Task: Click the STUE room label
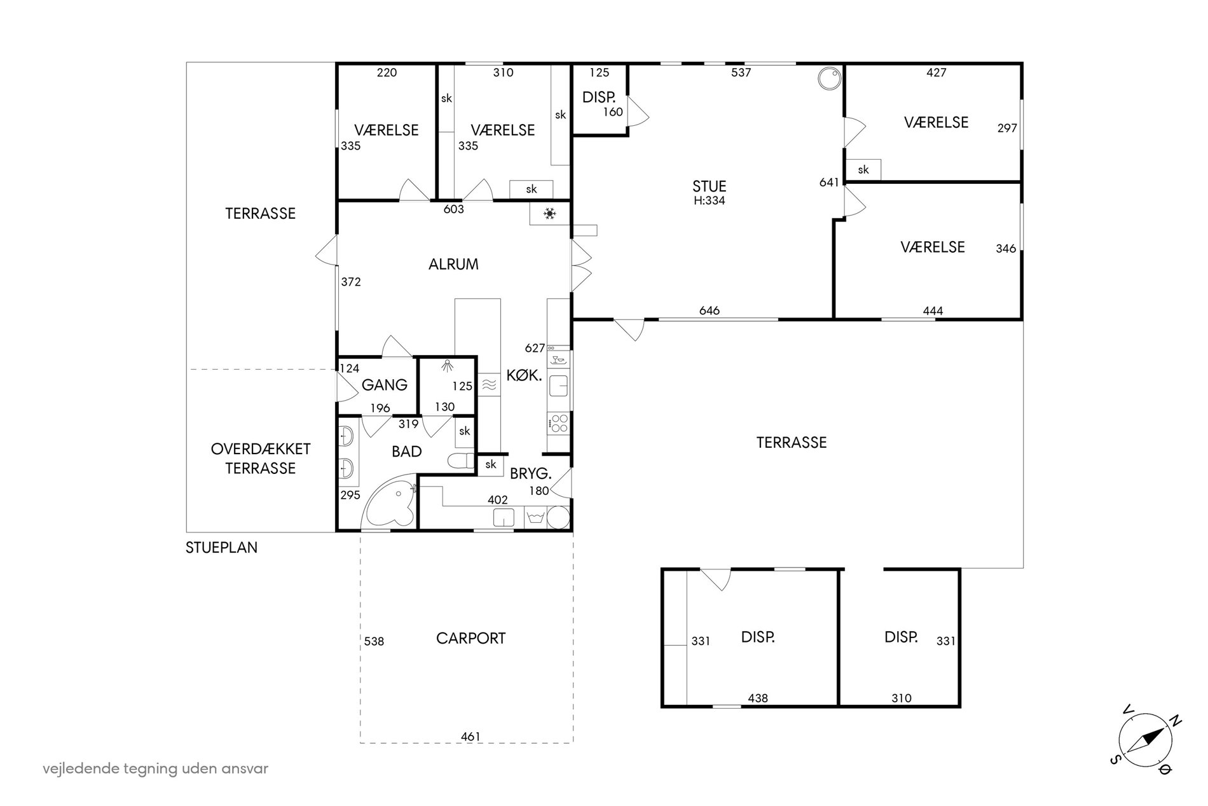710,186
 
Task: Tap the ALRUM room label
453,264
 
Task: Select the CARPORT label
470,638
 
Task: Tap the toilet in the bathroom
460,461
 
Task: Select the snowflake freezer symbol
548,214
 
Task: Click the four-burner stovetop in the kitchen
559,423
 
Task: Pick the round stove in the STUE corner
829,78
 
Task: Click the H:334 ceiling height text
709,200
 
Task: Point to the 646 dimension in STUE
710,310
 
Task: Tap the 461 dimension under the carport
470,737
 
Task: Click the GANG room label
385,385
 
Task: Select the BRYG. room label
530,474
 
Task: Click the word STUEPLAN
221,548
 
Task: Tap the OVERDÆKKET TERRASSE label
261,459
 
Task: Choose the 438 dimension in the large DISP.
758,698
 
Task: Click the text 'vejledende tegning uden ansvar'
156,768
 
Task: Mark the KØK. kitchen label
524,375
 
